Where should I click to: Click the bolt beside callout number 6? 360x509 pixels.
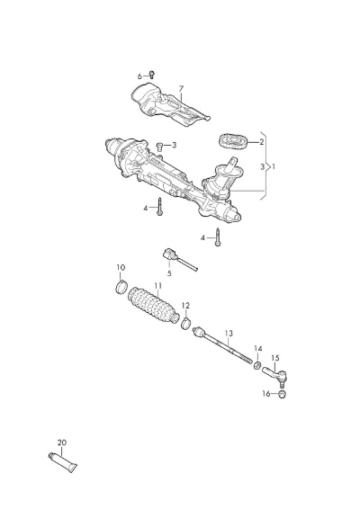[x=152, y=75]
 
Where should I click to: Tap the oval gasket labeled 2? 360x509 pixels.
[x=233, y=142]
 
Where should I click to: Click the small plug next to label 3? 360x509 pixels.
[x=160, y=146]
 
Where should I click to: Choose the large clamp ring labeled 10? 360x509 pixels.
[x=121, y=287]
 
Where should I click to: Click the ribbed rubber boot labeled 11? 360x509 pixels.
[x=153, y=305]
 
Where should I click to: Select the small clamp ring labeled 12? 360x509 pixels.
[x=185, y=324]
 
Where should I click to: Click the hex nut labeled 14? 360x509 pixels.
[x=257, y=365]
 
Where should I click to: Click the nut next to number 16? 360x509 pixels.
[x=282, y=394]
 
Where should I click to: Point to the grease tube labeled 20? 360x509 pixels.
[x=63, y=462]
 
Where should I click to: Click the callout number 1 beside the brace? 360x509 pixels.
[x=274, y=166]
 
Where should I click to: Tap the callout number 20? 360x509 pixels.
[x=62, y=442]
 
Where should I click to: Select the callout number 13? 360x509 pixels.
[x=229, y=333]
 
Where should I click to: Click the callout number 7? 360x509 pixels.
[x=181, y=88]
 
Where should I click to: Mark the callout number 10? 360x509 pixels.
[x=121, y=267]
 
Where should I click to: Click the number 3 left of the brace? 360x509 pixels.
[x=263, y=167]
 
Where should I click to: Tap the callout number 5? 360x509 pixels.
[x=169, y=273]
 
